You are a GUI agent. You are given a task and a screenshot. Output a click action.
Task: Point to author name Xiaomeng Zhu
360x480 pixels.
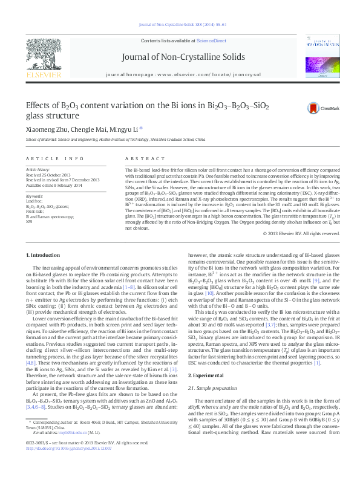tap(44, 129)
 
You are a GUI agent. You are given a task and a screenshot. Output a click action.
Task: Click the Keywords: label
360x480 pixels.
tap(34, 197)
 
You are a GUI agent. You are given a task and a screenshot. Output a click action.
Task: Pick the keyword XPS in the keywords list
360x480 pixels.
tap(29, 222)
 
